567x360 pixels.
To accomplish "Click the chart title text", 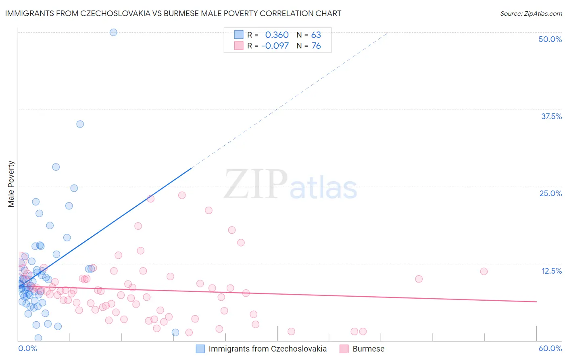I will point(173,13).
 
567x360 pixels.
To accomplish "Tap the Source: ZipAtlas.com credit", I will point(531,13).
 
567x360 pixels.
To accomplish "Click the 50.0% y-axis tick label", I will point(550,39).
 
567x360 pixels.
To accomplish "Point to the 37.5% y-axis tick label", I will point(551,116).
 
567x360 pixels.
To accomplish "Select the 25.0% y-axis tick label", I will point(550,193).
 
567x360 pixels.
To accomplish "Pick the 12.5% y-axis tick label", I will point(551,271).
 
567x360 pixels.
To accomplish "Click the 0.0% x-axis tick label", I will point(27,348).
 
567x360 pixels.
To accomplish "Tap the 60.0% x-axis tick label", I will point(550,348).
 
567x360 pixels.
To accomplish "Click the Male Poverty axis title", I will point(11,184).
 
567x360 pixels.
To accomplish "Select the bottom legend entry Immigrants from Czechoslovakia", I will point(267,349).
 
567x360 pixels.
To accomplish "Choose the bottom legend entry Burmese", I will point(368,349).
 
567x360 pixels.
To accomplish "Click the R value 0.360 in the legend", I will point(277,35).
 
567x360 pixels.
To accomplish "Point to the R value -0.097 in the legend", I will point(275,46).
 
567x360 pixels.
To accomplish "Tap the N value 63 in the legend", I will point(316,35).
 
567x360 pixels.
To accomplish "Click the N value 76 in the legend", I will point(316,46).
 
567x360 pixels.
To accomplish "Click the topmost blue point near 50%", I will point(113,32).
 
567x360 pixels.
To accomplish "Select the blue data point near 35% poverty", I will point(80,124).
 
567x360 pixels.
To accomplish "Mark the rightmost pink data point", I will point(484,272).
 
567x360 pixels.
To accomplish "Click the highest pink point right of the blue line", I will point(182,195).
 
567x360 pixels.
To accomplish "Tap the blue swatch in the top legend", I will point(239,35).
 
